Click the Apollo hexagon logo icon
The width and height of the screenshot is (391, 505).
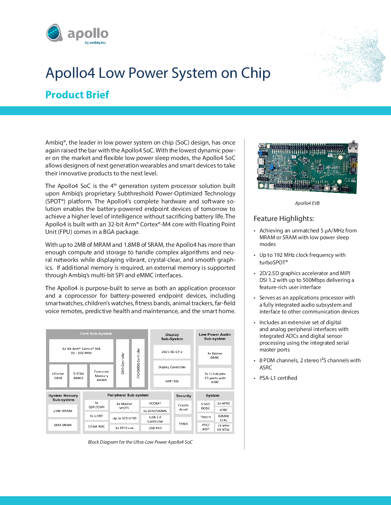coord(55,33)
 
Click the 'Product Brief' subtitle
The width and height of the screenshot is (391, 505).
coord(77,95)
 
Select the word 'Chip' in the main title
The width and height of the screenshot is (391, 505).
coord(256,73)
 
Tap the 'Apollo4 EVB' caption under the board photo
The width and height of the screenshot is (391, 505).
coord(307,203)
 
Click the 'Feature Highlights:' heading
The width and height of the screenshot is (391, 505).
coord(284,218)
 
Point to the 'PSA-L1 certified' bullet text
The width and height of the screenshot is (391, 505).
coord(278,378)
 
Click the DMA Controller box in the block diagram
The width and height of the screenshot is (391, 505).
coord(123,363)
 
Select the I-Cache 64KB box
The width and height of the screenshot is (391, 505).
coord(58,376)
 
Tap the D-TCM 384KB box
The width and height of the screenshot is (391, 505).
coord(78,376)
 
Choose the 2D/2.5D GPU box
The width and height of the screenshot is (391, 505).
coord(172,352)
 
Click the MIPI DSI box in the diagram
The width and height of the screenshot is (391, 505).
coord(172,381)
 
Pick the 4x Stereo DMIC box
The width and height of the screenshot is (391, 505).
coord(215,355)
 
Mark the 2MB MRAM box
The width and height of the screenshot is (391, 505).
coord(63,411)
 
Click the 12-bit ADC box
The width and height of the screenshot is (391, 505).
coord(96,426)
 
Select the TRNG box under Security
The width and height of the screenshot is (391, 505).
coord(183,424)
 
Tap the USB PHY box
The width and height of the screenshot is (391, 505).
coord(155,428)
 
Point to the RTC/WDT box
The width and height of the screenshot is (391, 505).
coord(206,427)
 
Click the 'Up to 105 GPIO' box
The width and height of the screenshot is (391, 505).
coord(124,418)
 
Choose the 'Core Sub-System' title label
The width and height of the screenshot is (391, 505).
coord(96,334)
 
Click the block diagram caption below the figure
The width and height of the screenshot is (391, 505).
coord(140,442)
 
